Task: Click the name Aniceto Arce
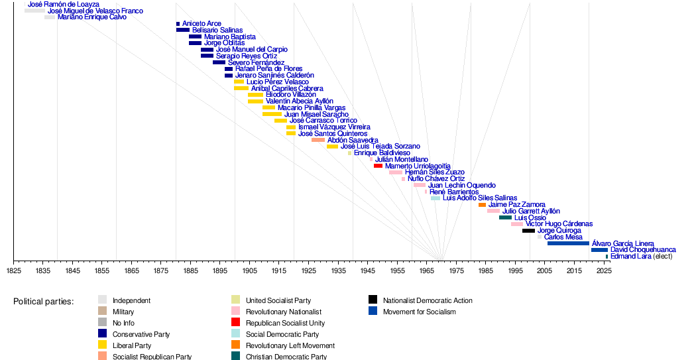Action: [202, 24]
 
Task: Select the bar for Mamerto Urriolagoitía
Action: [378, 166]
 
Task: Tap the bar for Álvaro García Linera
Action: [568, 243]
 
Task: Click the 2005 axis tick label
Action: [544, 271]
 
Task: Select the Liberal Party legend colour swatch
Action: [102, 345]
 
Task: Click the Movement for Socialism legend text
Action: [419, 312]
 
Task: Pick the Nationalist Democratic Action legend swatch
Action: [373, 300]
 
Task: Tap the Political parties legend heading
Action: [43, 302]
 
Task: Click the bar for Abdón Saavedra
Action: [318, 140]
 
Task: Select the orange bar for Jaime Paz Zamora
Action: [482, 205]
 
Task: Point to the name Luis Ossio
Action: [530, 217]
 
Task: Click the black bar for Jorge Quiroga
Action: [528, 231]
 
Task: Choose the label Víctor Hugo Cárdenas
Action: [559, 224]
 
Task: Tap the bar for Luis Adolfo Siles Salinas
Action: [435, 198]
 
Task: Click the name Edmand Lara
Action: [630, 257]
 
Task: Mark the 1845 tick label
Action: [72, 271]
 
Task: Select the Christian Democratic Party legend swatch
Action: [235, 357]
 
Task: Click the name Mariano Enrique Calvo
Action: [92, 17]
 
